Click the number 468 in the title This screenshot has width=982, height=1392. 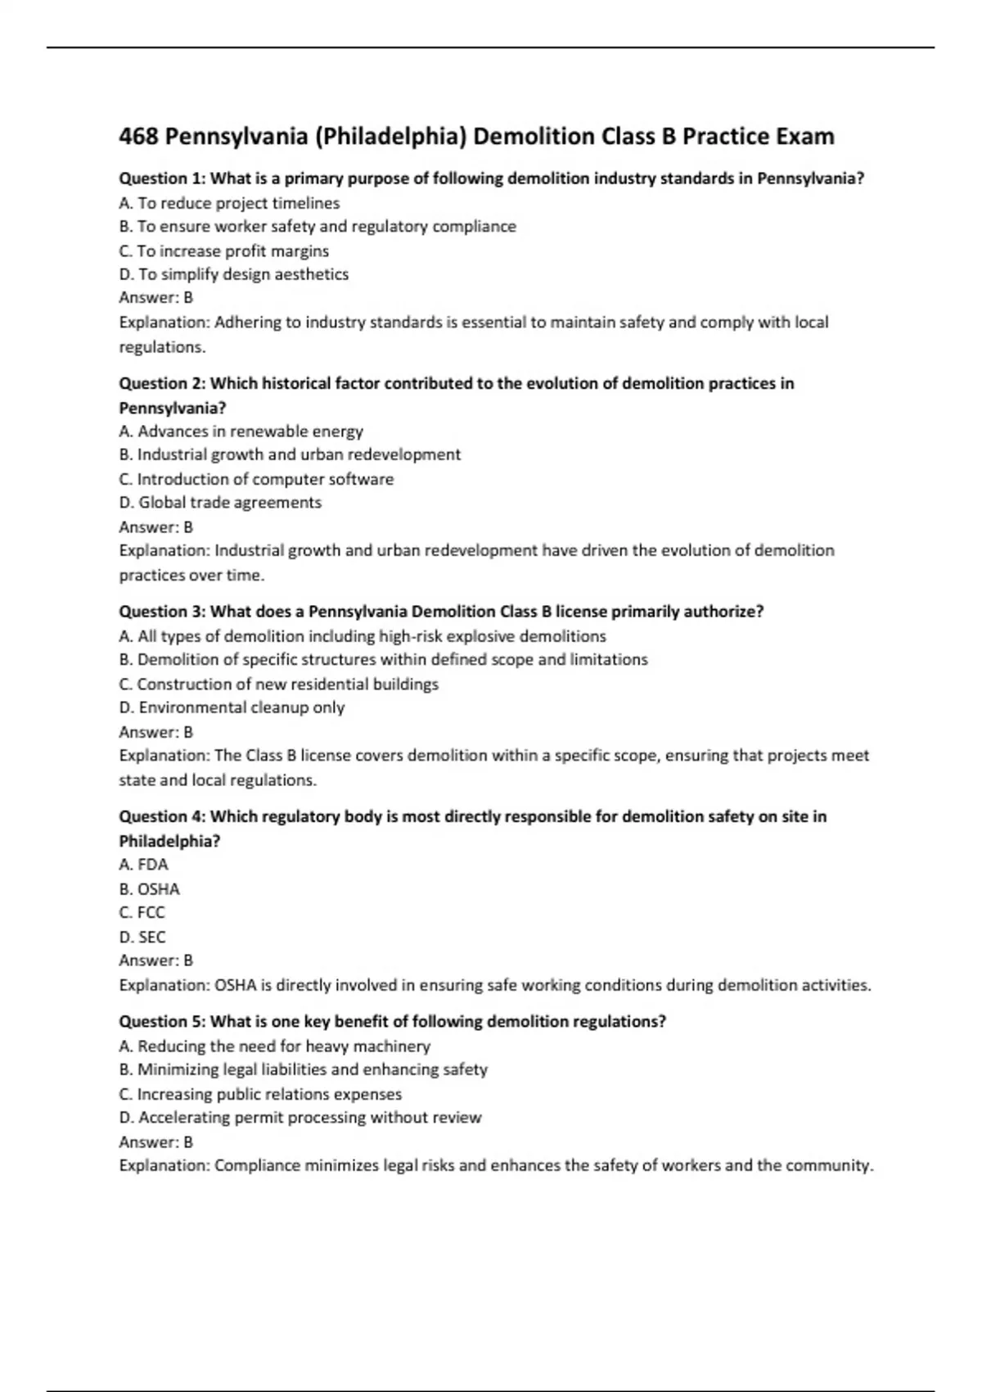tap(138, 136)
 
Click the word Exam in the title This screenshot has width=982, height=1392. tap(804, 136)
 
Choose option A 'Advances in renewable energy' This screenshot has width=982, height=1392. tap(241, 431)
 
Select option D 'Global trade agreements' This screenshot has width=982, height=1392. tap(220, 503)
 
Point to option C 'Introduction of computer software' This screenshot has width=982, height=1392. tap(256, 479)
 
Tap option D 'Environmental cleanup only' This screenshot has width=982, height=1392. tap(232, 707)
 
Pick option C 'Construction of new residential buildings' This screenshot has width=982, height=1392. tap(278, 684)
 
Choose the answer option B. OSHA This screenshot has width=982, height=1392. tap(150, 888)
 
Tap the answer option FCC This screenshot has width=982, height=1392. tap(142, 912)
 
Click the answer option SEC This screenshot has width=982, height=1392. tap(142, 937)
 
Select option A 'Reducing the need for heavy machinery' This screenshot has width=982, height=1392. tap(274, 1046)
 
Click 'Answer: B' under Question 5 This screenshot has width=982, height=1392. tap(156, 1141)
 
